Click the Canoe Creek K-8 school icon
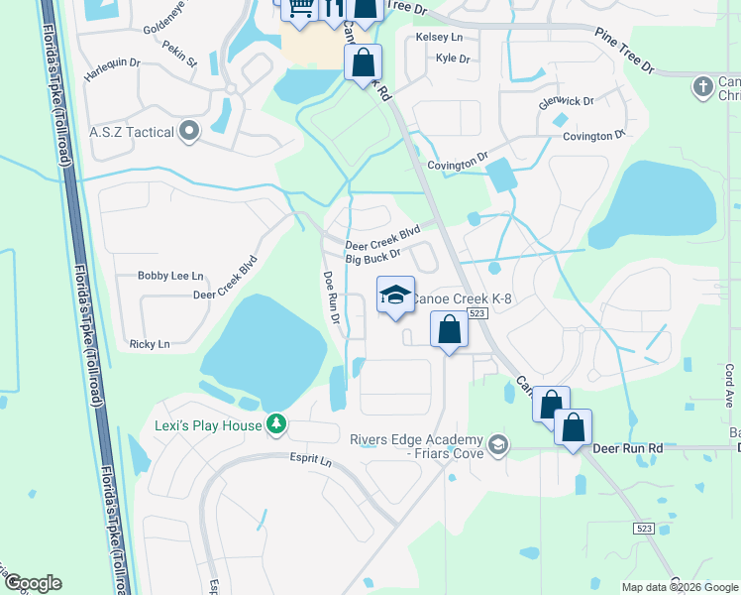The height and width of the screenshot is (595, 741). (x=395, y=296)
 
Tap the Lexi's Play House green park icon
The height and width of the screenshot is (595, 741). (x=277, y=424)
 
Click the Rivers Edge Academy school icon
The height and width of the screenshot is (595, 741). (x=497, y=443)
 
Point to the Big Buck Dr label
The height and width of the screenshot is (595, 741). (x=371, y=259)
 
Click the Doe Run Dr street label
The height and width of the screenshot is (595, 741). (x=331, y=298)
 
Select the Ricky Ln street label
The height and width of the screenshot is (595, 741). (x=150, y=344)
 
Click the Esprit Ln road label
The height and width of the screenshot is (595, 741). (x=311, y=462)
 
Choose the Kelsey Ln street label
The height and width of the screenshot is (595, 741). (x=440, y=37)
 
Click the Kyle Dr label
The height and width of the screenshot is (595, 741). (x=453, y=59)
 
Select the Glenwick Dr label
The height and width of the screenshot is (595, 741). (x=565, y=101)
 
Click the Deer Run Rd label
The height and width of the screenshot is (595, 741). (x=627, y=448)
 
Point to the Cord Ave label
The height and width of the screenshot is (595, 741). (x=729, y=381)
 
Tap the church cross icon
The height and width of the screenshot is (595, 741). (x=702, y=86)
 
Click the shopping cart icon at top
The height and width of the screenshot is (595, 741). (x=298, y=9)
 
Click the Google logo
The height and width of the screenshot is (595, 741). (x=33, y=583)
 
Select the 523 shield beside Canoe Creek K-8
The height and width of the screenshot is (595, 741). (x=477, y=313)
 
